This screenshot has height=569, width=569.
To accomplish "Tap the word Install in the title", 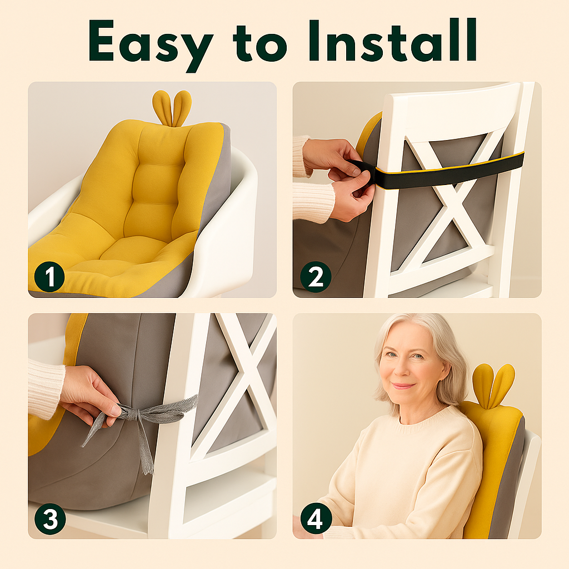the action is tap(393, 40).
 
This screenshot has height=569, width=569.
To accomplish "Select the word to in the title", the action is tap(260, 43).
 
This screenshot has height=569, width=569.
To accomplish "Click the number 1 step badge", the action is tap(49, 277).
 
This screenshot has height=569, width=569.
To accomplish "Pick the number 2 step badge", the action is tap(316, 277).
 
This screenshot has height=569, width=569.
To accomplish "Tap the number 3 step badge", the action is tap(50, 519).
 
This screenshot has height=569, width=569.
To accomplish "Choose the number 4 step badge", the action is tap(316, 519).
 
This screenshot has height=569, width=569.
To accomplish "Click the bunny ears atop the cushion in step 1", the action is tap(172, 108).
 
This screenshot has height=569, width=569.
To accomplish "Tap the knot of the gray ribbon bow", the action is tap(133, 413).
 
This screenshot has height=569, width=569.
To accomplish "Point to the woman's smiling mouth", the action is tap(403, 386).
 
